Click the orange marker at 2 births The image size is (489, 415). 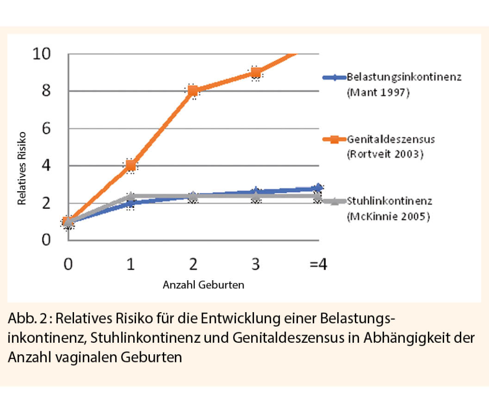coord(193,90)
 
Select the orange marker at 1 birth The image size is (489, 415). coord(130,166)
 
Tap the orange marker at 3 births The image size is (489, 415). coord(256,73)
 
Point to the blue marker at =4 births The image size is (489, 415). coord(318,187)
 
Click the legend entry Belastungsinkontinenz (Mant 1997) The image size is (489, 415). coord(404,84)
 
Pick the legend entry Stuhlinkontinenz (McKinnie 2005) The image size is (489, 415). coord(389,208)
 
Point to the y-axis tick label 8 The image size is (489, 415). coord(46,91)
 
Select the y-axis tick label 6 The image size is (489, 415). coord(46,128)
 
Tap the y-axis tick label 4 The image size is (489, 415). coord(46,165)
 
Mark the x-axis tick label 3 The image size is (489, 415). coord(255,264)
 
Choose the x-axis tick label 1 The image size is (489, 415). coord(130,264)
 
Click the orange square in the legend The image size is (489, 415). coord(332,140)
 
